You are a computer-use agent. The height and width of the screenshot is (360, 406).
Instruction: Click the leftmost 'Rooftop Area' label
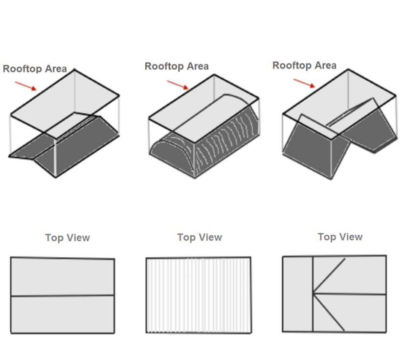35,69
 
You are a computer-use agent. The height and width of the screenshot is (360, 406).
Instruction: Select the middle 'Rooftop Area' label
177,66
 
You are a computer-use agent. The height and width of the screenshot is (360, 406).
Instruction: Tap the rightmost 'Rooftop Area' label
304,65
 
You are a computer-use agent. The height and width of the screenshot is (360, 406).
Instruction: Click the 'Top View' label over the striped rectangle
200,237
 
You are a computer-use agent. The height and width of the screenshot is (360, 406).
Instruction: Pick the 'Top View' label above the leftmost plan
68,238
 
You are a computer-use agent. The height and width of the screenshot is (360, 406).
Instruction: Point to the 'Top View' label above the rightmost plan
340,237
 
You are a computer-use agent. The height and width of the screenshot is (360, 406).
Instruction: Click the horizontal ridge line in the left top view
63,295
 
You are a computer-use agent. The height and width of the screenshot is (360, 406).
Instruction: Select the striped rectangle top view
198,295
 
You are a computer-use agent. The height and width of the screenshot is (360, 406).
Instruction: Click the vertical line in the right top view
313,293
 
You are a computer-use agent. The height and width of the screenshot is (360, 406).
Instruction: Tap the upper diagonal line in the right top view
329,276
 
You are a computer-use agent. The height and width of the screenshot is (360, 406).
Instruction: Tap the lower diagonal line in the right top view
329,312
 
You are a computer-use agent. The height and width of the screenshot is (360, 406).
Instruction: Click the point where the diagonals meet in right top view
313,293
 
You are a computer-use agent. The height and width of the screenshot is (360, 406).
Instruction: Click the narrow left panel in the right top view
297,293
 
